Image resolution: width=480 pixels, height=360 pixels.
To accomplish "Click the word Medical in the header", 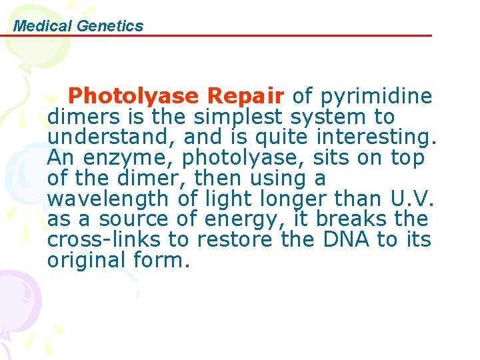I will tap(43, 26).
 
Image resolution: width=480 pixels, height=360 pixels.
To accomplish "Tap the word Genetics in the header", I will tap(110, 26).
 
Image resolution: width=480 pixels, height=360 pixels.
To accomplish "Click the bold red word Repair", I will tap(245, 97).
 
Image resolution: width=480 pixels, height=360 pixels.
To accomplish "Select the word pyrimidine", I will tap(377, 97).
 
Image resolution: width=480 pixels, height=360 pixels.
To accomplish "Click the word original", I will tap(89, 260).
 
